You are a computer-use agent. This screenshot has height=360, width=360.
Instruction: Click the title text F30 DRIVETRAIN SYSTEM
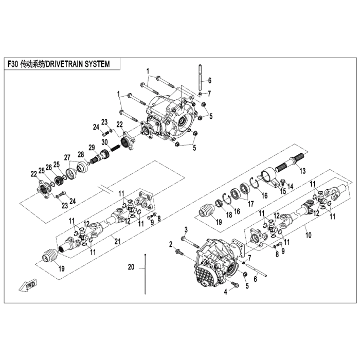click(x=62, y=65)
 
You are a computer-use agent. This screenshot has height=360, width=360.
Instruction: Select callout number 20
click(x=131, y=267)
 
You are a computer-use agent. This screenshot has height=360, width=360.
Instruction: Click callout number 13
click(x=303, y=170)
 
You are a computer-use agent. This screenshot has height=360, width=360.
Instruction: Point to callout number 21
click(x=118, y=242)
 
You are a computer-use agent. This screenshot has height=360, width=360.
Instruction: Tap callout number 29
click(x=92, y=147)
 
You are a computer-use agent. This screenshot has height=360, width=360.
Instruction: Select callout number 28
click(x=80, y=154)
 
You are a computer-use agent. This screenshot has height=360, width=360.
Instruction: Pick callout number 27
click(x=67, y=157)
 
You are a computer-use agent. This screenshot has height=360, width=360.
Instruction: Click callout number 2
click(x=171, y=245)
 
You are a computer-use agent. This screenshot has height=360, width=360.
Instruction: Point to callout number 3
click(x=186, y=229)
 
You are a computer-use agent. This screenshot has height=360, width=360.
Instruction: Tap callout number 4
click(x=225, y=292)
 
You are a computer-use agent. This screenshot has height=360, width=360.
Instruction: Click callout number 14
click(x=291, y=187)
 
